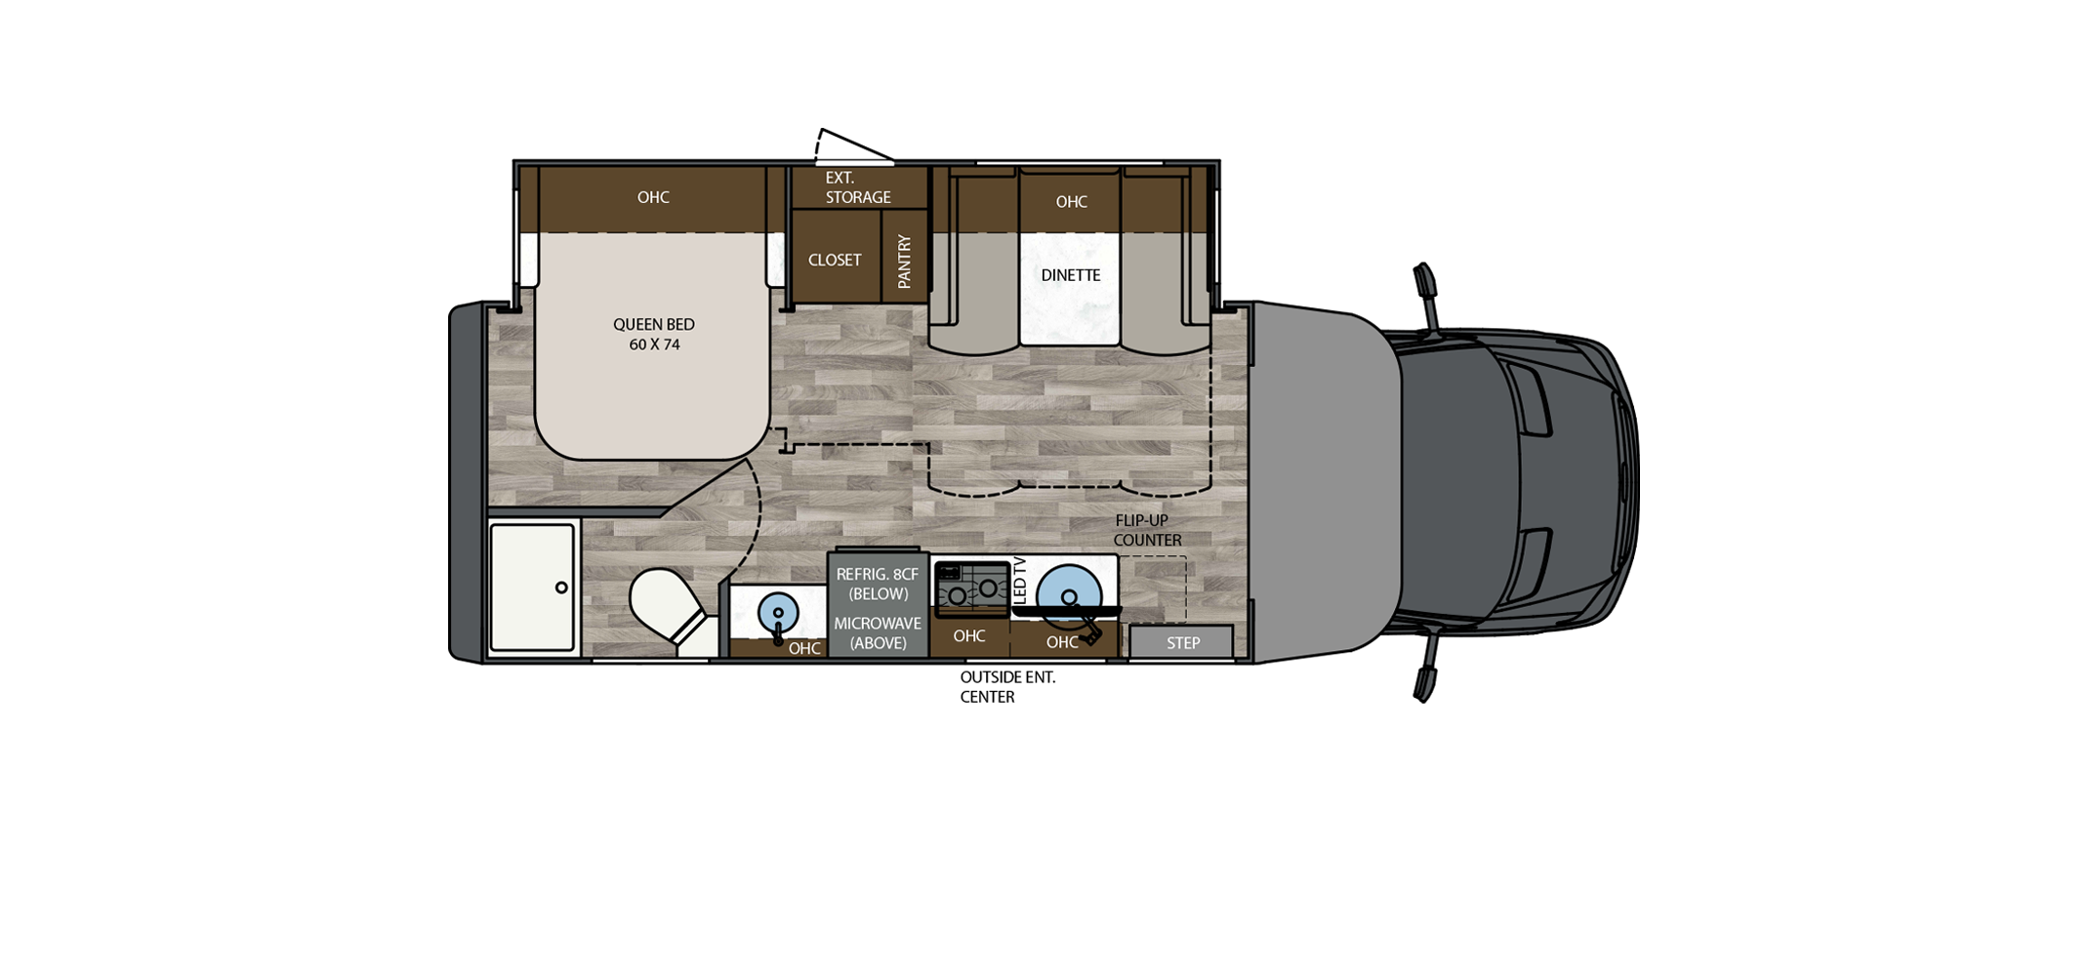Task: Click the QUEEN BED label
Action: [x=653, y=324]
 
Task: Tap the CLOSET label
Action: [x=835, y=260]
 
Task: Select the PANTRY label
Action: [x=904, y=262]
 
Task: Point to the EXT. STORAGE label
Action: [x=858, y=187]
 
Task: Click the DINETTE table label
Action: [x=1070, y=275]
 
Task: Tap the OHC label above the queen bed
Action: [x=653, y=197]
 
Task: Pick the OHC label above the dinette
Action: [x=1071, y=202]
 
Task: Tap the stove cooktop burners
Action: [x=972, y=590]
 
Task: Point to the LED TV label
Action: [x=1019, y=580]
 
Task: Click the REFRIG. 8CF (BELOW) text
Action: [x=878, y=584]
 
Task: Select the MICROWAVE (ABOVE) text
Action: [x=878, y=632]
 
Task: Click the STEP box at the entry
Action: [x=1182, y=642]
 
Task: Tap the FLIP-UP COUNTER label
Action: [x=1146, y=530]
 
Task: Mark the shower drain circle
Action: [x=561, y=588]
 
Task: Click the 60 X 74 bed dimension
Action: [x=654, y=345]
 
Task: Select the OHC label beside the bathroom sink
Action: [x=804, y=648]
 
